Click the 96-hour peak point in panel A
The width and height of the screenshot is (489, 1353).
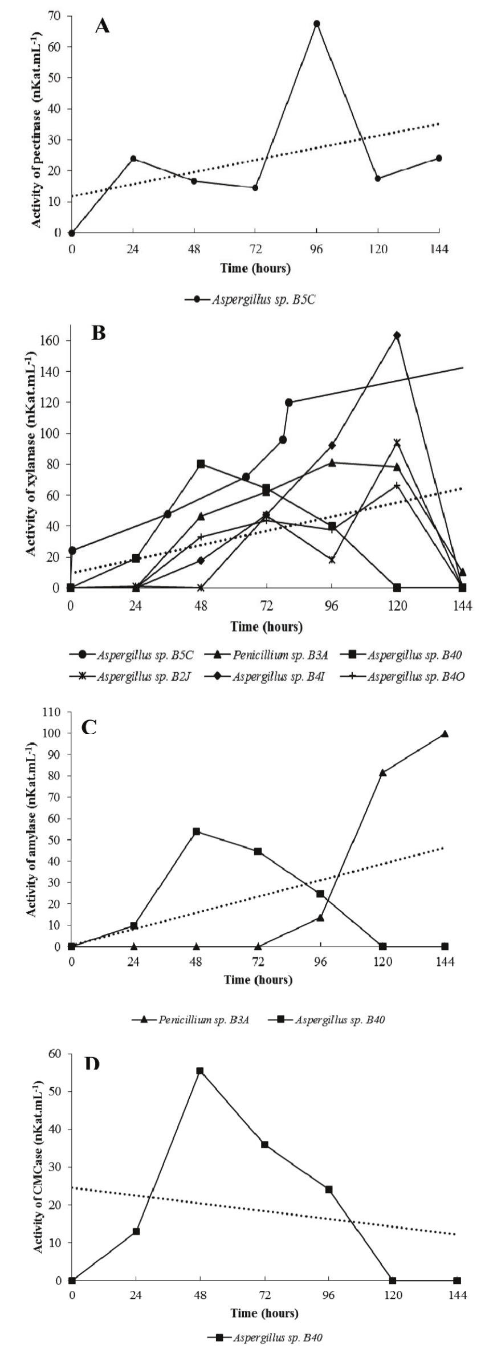pyautogui.click(x=316, y=24)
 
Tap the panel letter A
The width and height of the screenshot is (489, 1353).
pyautogui.click(x=102, y=26)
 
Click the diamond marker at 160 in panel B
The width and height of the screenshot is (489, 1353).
pyautogui.click(x=397, y=335)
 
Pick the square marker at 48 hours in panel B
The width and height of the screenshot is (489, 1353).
pyautogui.click(x=201, y=464)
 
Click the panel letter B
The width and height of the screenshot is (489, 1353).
pyautogui.click(x=99, y=333)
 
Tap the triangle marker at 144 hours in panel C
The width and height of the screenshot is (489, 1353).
pyautogui.click(x=445, y=734)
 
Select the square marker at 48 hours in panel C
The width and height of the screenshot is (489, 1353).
pyautogui.click(x=196, y=832)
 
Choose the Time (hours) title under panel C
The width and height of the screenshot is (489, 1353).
pyautogui.click(x=258, y=980)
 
